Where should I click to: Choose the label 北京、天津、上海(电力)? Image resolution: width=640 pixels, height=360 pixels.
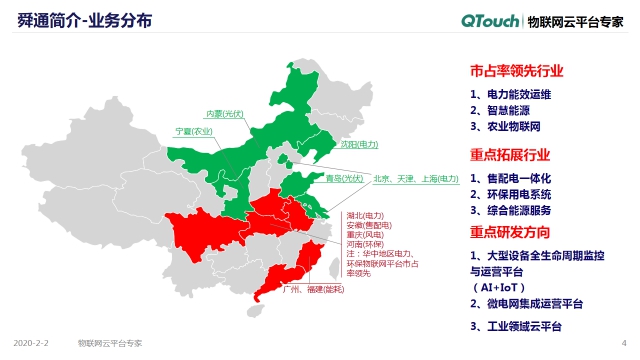[415, 179]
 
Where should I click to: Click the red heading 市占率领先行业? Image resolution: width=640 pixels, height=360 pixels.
[516, 72]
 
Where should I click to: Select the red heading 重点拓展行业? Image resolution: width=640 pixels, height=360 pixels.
[510, 155]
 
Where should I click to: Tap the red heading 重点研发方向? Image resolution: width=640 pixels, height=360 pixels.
[510, 232]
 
